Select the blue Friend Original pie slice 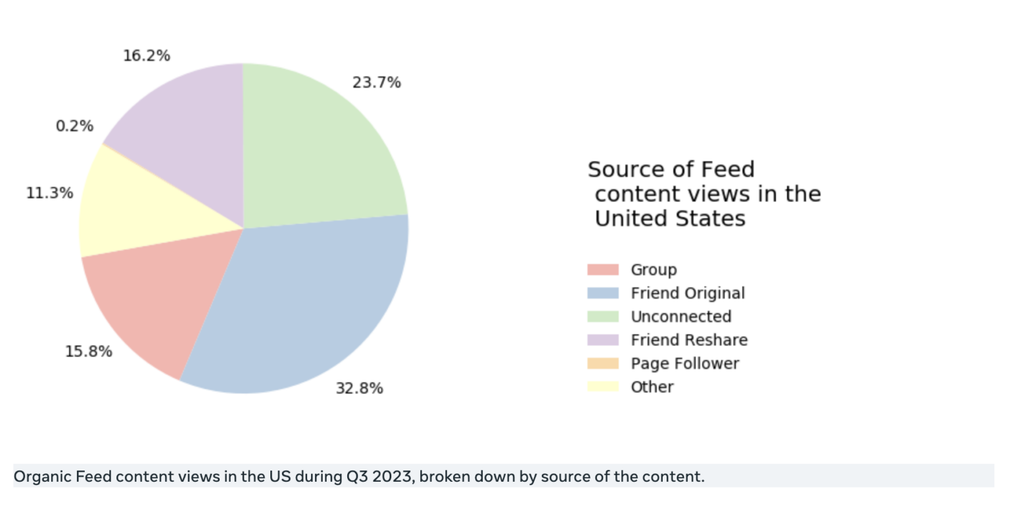click(302, 309)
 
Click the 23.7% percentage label click(376, 82)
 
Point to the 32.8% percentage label click(359, 388)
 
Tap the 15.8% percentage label click(88, 351)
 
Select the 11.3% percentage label click(49, 193)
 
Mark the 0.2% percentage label click(74, 126)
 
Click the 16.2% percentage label click(146, 55)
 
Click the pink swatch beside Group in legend click(602, 270)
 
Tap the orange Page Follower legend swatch click(602, 363)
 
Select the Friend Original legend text click(687, 293)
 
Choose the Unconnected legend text click(681, 317)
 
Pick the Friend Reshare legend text click(688, 340)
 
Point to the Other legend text click(652, 387)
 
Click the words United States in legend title click(669, 219)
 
